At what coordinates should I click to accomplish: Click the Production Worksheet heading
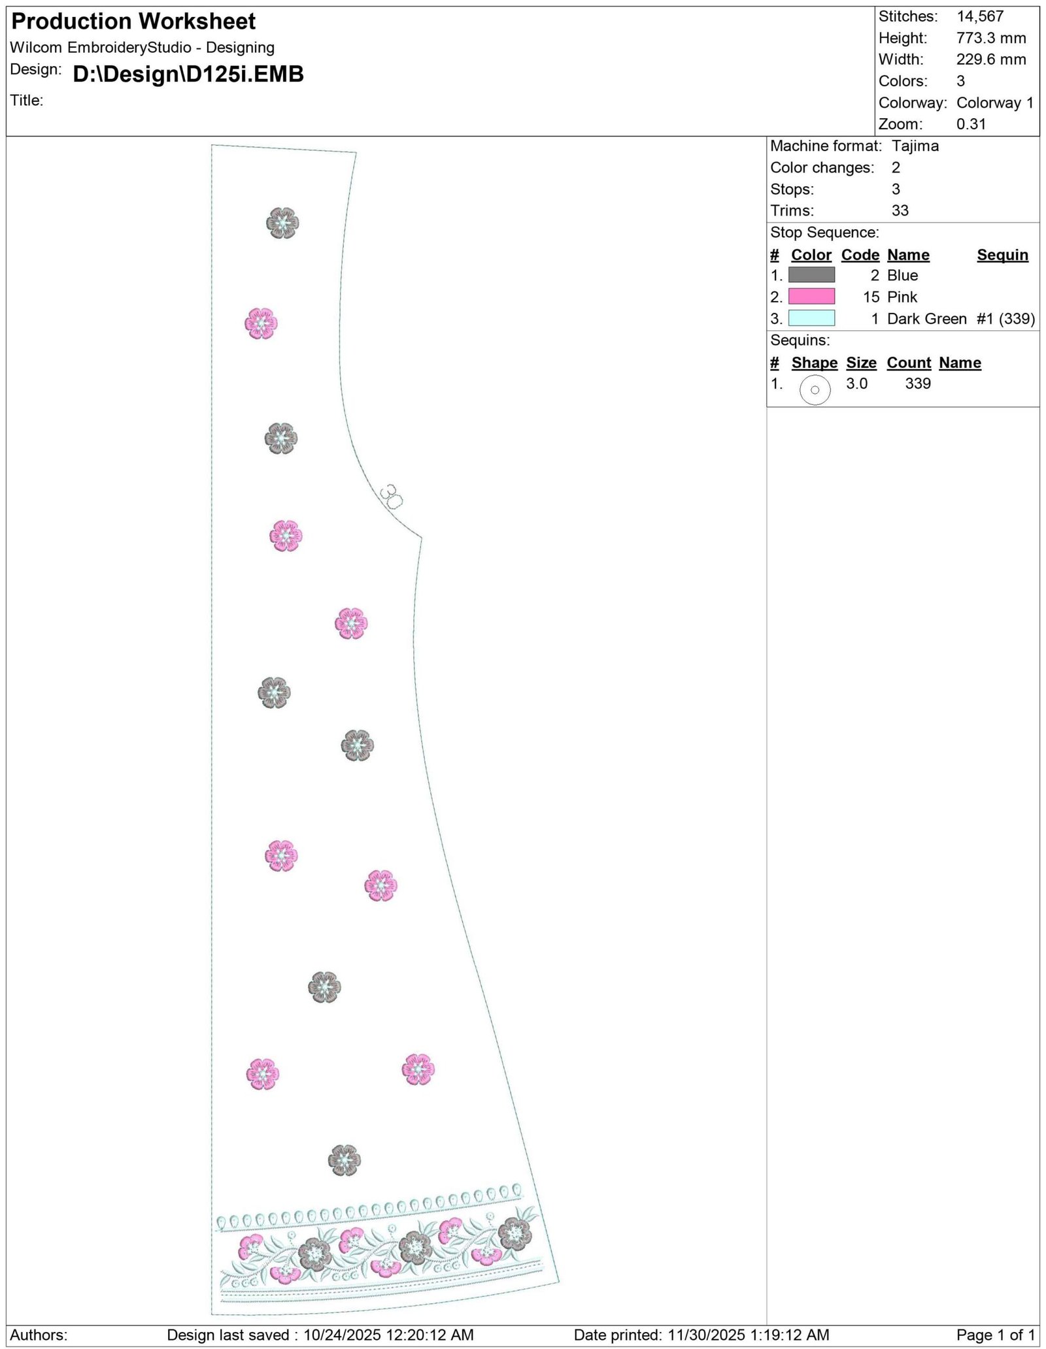pos(133,22)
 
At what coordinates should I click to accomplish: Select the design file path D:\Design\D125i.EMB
pos(188,74)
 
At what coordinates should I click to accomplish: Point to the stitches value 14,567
pos(980,16)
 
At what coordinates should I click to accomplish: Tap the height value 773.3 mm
pos(991,38)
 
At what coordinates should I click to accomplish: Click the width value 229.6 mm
pos(991,59)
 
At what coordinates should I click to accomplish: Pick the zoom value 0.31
pos(971,124)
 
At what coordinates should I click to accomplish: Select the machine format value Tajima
pos(915,146)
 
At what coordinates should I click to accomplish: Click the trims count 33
pos(900,210)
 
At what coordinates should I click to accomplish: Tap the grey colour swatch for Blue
pos(811,275)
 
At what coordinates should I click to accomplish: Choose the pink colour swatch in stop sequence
pos(811,297)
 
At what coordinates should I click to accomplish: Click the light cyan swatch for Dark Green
pos(811,318)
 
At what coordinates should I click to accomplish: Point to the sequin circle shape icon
pos(815,390)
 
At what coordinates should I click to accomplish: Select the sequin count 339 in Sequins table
pos(918,383)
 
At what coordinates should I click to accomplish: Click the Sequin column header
pos(1002,255)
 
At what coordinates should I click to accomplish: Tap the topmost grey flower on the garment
pos(282,223)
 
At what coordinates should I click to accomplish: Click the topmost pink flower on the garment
pos(261,323)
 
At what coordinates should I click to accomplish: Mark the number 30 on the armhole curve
pos(391,496)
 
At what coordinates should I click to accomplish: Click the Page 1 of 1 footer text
pos(996,1335)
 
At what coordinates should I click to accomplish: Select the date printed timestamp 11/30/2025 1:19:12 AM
pos(748,1335)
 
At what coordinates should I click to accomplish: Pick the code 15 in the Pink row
pos(871,297)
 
